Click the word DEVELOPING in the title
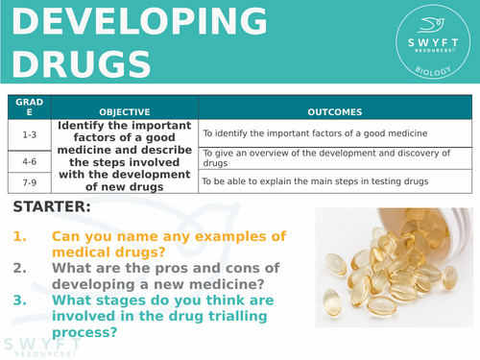pos(134,21)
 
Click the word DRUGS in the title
pos(82,61)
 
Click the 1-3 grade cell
pos(28,133)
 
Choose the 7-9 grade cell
pos(28,180)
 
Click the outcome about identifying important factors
pos(313,133)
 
